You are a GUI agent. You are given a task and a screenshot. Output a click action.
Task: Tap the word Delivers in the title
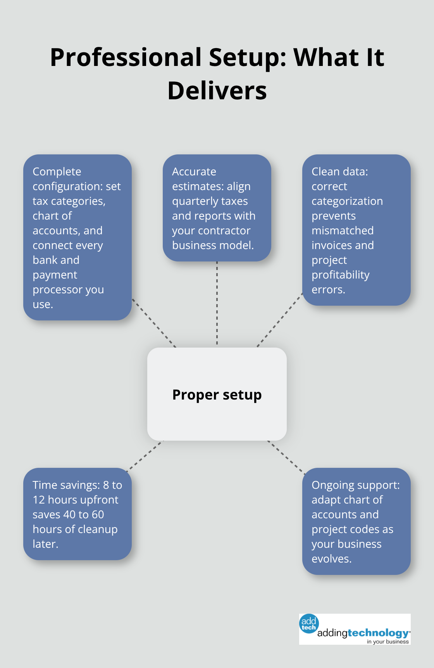(217, 91)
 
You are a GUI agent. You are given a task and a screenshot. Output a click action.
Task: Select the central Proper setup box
(217, 394)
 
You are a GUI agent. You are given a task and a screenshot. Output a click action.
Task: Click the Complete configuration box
(77, 237)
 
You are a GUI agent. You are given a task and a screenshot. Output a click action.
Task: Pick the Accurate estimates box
(217, 208)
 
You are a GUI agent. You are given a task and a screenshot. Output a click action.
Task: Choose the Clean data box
(356, 230)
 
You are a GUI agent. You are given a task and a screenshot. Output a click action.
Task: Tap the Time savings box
(77, 514)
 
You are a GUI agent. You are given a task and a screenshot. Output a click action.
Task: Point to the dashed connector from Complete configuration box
(154, 323)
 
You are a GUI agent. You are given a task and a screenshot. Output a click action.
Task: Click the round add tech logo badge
(309, 623)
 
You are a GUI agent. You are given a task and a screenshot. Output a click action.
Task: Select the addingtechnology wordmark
(363, 633)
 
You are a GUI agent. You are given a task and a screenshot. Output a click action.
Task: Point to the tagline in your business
(387, 642)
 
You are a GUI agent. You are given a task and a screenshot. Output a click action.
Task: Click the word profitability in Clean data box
(340, 275)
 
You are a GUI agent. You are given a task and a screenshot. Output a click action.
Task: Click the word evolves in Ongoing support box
(331, 559)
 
